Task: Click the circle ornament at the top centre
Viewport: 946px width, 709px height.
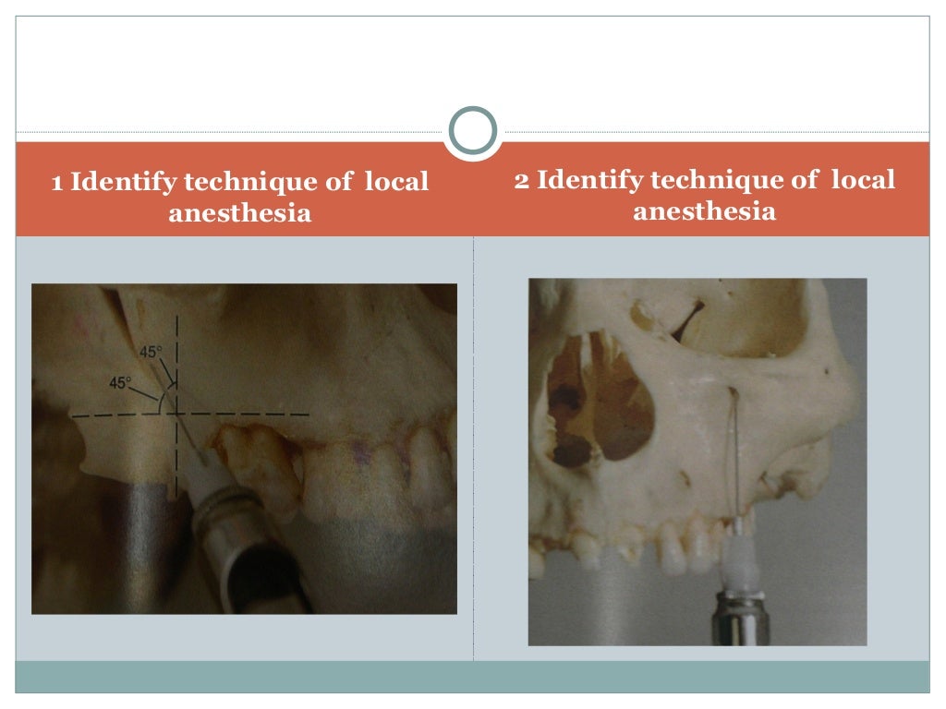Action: tap(473, 131)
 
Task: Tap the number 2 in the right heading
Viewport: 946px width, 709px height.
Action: tap(522, 180)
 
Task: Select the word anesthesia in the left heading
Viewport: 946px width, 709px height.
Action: tap(239, 214)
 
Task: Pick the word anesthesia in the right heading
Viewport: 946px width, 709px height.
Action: tap(704, 211)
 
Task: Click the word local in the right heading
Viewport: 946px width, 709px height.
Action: tap(863, 180)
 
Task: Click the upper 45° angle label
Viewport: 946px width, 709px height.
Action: tap(151, 352)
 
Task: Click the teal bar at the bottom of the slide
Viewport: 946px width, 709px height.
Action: tap(473, 676)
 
